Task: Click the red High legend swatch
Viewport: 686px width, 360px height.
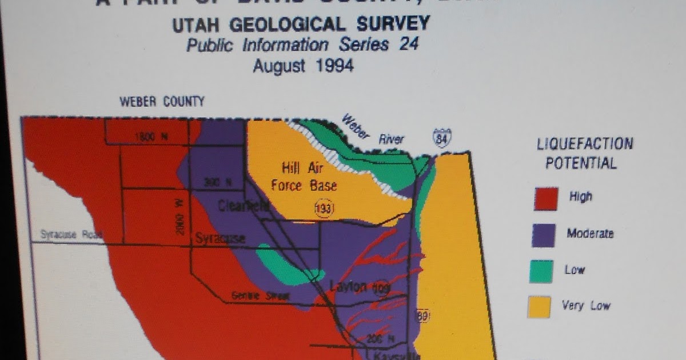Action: click(x=545, y=199)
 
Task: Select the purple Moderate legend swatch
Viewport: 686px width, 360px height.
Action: click(x=543, y=235)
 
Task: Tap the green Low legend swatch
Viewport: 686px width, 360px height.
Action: click(x=541, y=271)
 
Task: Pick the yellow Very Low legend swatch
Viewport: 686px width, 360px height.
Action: click(x=539, y=307)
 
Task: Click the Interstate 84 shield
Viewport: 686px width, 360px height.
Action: click(x=442, y=139)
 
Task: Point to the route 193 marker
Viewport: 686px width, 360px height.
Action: click(x=324, y=209)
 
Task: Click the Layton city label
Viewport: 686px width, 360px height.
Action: click(x=348, y=286)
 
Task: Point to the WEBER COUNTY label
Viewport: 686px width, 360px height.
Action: click(x=162, y=102)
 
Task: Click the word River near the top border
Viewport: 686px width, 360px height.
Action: click(x=391, y=139)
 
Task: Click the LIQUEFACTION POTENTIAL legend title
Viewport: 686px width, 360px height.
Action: click(x=584, y=153)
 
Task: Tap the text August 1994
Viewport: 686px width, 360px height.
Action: click(x=303, y=66)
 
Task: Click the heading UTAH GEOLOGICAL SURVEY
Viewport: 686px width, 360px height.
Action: click(x=301, y=24)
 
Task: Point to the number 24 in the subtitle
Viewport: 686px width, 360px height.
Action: click(x=409, y=45)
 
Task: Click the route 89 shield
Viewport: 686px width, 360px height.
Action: click(x=422, y=315)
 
